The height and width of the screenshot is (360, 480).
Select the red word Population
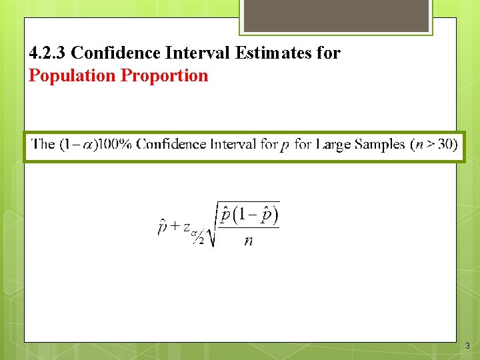72,75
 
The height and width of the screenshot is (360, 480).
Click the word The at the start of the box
43,145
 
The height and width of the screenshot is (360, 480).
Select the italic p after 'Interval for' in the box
285,146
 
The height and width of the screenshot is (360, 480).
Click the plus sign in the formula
175,226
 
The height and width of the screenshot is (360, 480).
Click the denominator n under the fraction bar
248,241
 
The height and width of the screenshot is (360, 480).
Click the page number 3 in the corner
467,346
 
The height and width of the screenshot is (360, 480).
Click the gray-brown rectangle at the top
336,15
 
